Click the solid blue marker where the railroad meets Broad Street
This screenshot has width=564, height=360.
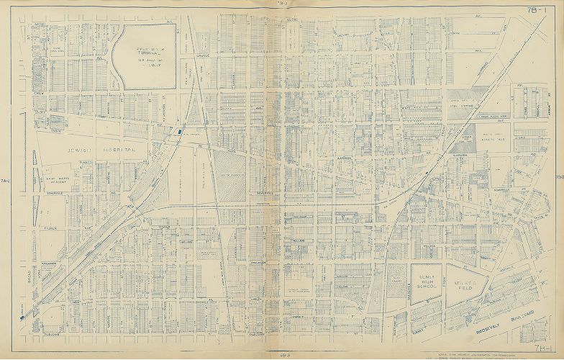[24, 315]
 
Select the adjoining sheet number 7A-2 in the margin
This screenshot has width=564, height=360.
[6, 180]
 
